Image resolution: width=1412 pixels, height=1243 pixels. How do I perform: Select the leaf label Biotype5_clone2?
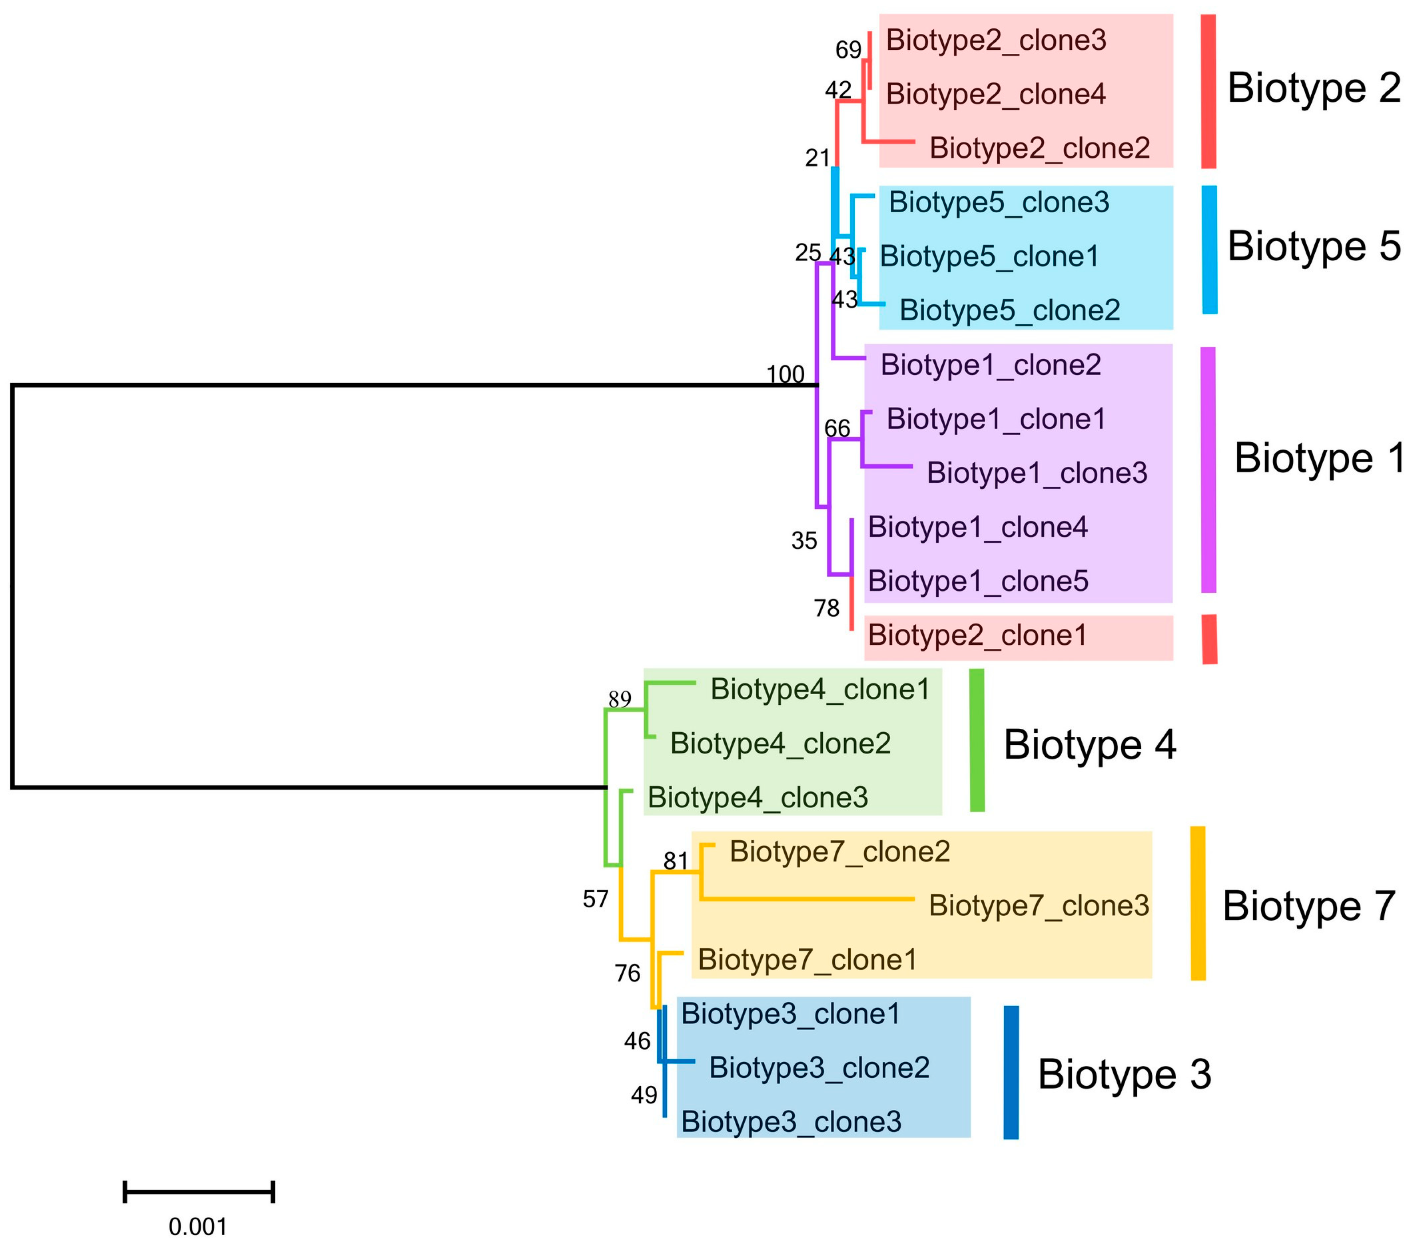coord(1009,310)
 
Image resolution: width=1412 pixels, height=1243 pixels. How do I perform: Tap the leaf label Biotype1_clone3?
coord(1036,473)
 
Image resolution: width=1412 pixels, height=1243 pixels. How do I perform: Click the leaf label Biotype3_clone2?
coord(819,1068)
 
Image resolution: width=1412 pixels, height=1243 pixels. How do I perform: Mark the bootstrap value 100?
coord(785,374)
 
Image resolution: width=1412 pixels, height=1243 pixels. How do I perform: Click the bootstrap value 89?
coord(620,699)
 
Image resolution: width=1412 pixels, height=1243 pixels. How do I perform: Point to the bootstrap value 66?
coord(837,429)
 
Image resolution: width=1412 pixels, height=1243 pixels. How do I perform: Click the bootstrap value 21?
coord(817,158)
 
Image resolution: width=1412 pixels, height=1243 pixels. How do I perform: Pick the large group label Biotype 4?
coord(1089,745)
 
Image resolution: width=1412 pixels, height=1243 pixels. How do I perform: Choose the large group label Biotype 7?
coord(1309,906)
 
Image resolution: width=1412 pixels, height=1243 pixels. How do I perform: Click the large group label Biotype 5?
coord(1314,246)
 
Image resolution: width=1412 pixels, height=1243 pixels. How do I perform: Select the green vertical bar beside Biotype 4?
coord(977,739)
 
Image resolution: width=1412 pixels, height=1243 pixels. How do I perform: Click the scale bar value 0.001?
coord(198,1227)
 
